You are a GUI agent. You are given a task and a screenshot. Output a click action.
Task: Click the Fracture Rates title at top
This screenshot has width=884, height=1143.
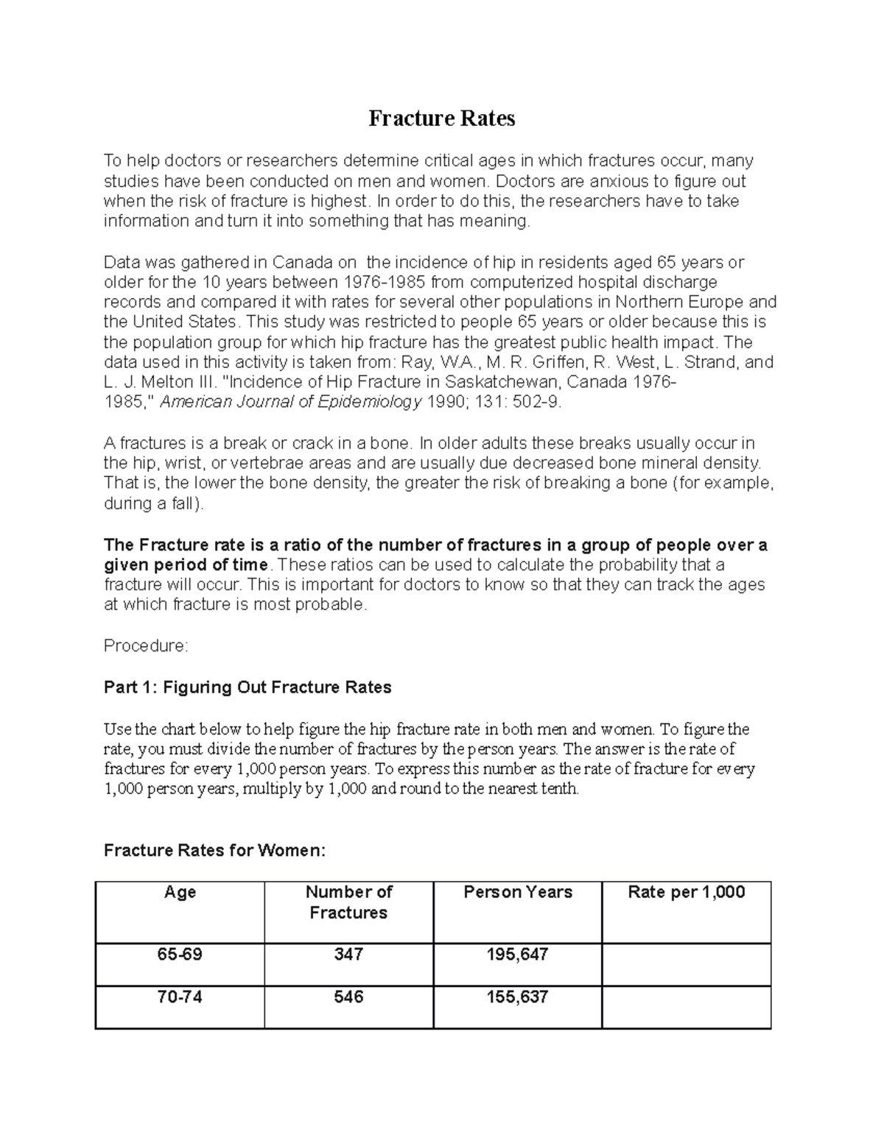click(441, 118)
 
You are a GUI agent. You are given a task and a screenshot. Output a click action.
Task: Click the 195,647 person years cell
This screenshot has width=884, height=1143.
click(517, 955)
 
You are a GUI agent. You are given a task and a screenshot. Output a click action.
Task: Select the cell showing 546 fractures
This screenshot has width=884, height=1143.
click(348, 997)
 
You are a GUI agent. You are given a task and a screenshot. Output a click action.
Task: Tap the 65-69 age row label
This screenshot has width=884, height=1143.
click(180, 955)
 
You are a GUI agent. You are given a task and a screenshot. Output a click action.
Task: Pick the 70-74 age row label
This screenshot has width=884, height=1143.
click(180, 997)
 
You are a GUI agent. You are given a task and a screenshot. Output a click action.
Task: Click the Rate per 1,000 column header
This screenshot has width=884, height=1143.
click(686, 892)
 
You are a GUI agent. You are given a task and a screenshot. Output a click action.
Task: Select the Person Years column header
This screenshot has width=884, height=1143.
click(517, 892)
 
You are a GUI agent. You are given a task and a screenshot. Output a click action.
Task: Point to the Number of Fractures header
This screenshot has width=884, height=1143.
click(348, 902)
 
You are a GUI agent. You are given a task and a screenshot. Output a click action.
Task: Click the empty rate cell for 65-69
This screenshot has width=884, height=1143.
click(686, 964)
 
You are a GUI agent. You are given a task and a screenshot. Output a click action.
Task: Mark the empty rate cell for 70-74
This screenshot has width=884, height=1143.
click(686, 1007)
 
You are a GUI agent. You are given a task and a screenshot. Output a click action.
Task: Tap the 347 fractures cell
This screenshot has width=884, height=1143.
click(348, 955)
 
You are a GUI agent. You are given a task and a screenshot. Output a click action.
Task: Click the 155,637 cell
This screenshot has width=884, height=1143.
click(517, 997)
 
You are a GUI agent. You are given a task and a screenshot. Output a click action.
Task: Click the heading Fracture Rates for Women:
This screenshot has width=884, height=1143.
click(214, 851)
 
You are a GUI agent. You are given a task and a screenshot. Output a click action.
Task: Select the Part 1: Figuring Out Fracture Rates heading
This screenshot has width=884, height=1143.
click(248, 687)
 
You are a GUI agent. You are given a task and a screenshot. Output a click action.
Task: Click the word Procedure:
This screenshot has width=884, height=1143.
click(146, 646)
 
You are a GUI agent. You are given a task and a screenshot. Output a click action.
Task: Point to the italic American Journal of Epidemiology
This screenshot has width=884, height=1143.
click(291, 402)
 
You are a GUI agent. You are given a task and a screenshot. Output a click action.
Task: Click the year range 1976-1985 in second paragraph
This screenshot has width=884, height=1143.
click(384, 283)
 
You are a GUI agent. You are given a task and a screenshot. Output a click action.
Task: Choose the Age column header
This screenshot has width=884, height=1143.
click(180, 892)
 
